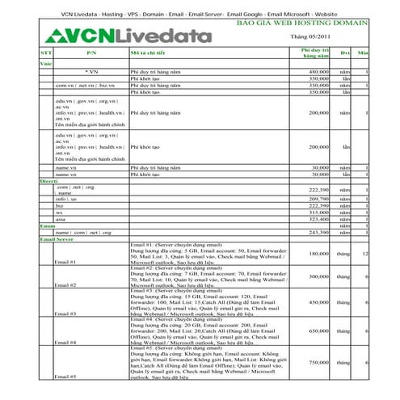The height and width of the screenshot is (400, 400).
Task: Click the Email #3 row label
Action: click(x=65, y=314)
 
